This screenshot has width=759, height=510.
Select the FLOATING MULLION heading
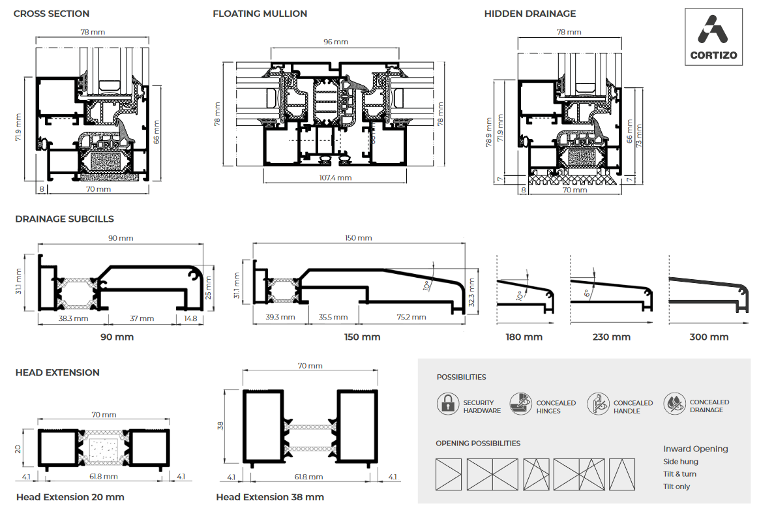tap(260, 14)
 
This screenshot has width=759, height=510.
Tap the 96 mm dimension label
tap(336, 42)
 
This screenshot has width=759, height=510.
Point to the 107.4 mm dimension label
tap(336, 177)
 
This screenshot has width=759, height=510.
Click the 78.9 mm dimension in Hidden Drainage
tap(488, 132)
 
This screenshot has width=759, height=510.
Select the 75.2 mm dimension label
tap(411, 317)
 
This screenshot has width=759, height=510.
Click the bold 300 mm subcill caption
tap(709, 337)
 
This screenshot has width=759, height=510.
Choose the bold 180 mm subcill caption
tap(524, 337)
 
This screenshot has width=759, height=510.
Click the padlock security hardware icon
tap(448, 404)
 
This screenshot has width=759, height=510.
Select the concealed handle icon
tap(598, 404)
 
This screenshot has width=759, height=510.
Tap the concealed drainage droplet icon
tap(674, 404)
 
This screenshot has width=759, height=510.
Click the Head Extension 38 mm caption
tap(270, 497)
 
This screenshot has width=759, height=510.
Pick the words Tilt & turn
tap(679, 474)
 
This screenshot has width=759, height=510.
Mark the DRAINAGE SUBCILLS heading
tap(65, 219)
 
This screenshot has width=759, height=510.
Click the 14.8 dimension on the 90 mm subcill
tap(190, 318)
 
